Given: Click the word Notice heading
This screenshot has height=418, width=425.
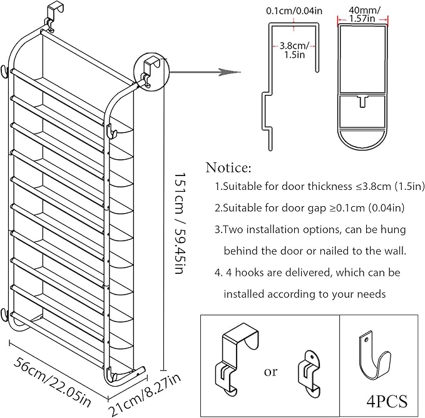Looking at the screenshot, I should click(x=228, y=168).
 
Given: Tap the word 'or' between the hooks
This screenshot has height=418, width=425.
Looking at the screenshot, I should click(x=270, y=372).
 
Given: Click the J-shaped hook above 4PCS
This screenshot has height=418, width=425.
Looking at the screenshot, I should click(x=376, y=358).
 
